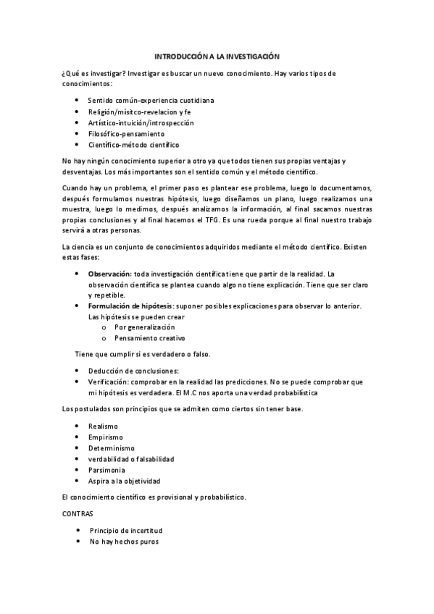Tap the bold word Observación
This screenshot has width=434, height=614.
109,274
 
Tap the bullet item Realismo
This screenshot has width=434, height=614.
102,426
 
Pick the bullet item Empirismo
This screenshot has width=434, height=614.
105,437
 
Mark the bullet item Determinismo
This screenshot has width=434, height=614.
110,448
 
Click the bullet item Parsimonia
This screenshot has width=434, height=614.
107,470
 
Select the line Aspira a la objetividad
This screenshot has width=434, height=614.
124,481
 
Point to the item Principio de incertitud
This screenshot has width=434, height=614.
126,531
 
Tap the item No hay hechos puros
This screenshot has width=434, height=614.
124,542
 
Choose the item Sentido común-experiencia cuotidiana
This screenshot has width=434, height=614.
150,100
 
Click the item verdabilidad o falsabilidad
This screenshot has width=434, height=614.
130,459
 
